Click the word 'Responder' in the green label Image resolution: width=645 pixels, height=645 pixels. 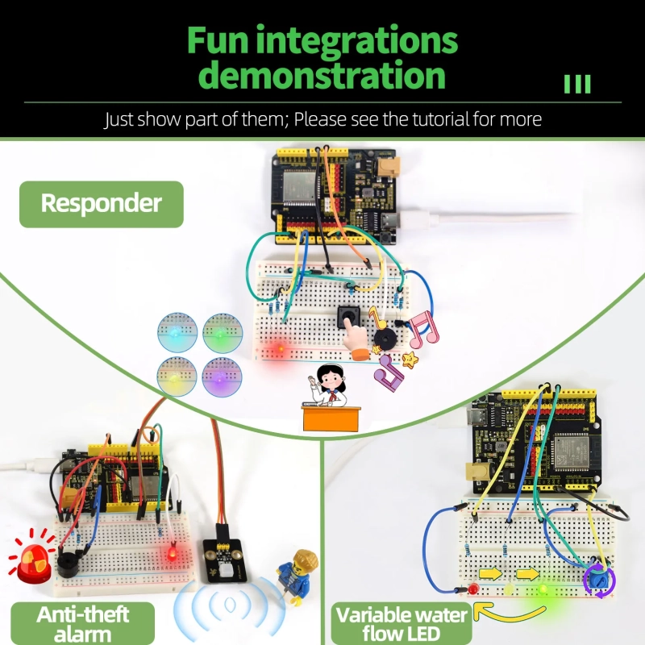tap(102, 203)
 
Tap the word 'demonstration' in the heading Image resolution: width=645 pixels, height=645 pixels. tap(325, 75)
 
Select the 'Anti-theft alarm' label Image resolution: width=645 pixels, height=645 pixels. tap(83, 623)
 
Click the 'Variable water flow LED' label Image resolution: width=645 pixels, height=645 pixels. tap(402, 623)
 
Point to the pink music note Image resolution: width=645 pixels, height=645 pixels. tap(424, 329)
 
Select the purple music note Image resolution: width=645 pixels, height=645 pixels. tap(389, 372)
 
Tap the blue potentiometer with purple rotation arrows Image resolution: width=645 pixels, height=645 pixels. tap(599, 580)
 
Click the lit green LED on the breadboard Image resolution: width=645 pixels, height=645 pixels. tap(543, 589)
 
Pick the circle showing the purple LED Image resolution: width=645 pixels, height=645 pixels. tap(222, 377)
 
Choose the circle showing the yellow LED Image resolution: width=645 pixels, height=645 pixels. tap(177, 377)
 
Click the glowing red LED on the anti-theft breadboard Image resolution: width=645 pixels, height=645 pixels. tap(172, 552)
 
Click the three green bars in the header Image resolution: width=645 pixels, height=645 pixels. tap(577, 84)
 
